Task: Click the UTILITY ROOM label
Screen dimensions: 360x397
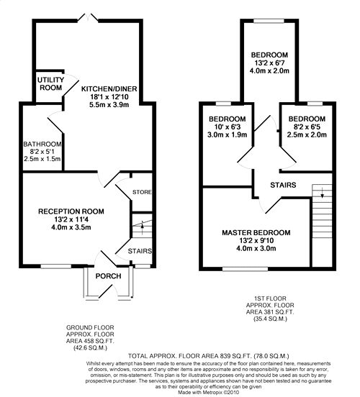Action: point(50,84)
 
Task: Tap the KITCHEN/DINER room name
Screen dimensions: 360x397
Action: point(109,89)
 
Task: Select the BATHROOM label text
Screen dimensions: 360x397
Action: point(42,144)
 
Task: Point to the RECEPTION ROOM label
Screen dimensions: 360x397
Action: point(71,211)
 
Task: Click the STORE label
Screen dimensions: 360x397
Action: point(142,192)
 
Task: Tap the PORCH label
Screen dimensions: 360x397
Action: point(108,276)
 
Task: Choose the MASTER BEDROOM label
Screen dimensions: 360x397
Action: point(256,233)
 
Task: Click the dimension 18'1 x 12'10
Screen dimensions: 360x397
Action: point(109,96)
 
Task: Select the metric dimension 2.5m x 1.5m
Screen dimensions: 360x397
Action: point(42,159)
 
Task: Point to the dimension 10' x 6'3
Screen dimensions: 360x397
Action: point(227,127)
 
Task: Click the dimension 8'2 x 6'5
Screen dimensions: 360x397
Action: point(307,127)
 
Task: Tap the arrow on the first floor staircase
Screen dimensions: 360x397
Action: point(323,193)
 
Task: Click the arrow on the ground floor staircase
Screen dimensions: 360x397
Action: point(143,227)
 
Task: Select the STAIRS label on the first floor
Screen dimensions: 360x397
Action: point(283,185)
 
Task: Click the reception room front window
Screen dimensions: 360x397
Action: point(56,266)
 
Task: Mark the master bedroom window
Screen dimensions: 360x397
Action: point(245,269)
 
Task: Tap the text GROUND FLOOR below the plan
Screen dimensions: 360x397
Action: point(90,328)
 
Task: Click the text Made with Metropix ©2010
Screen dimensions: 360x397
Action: point(209,392)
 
